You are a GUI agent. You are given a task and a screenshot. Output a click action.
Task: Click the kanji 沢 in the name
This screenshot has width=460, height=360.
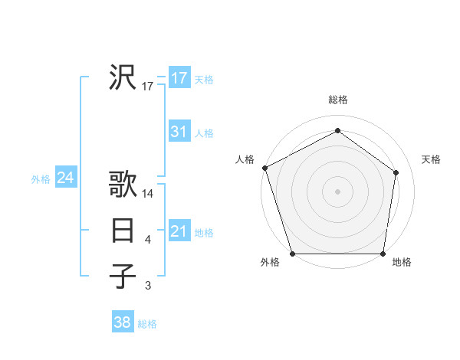[x=123, y=77]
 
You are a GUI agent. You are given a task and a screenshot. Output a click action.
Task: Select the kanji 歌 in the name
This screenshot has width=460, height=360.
[x=123, y=185]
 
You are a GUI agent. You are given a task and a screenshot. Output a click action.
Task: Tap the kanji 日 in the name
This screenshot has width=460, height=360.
[x=123, y=231]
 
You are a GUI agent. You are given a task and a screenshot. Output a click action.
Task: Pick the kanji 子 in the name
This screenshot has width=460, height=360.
[x=123, y=276]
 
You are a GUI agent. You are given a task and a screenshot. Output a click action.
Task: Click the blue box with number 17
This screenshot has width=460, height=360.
[x=179, y=78]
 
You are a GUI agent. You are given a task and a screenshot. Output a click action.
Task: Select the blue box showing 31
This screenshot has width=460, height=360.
[x=179, y=132]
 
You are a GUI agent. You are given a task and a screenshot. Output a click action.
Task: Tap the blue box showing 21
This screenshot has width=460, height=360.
[x=179, y=231]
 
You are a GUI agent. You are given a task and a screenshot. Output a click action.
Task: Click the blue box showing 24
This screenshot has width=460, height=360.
[x=65, y=178]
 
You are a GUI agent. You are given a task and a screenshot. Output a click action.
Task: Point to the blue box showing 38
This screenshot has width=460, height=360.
[x=122, y=322]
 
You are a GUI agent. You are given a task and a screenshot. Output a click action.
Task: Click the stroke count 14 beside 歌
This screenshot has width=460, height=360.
[x=148, y=195]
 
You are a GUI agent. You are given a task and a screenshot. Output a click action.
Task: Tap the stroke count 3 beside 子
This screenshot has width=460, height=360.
[x=148, y=286]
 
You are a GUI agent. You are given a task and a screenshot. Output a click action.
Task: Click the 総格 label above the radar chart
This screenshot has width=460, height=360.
[x=338, y=100]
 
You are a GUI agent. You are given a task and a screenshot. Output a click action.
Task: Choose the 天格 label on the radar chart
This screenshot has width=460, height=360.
[x=432, y=159]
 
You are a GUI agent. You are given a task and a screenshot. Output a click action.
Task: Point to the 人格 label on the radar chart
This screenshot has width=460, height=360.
[x=245, y=159]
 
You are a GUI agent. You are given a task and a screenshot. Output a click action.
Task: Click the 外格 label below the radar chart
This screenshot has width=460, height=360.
[x=270, y=263]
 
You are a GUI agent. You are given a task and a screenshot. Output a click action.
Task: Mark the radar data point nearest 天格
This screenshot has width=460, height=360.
[x=396, y=172]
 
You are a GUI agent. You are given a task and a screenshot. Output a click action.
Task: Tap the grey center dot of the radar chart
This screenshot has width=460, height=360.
[x=338, y=191]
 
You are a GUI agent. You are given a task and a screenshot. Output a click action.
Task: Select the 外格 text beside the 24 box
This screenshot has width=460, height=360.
[x=41, y=179]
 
